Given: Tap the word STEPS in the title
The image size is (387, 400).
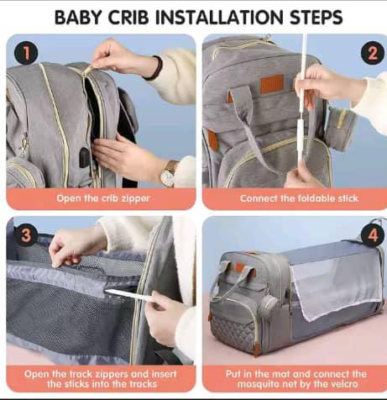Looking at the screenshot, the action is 316,17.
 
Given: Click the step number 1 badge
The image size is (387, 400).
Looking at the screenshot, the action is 26,53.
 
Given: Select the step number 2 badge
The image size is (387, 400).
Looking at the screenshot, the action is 373,53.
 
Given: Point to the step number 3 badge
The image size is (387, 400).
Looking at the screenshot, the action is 26,234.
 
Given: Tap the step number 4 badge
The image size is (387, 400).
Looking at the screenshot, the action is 373,235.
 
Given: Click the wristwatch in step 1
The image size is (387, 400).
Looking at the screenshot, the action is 169,174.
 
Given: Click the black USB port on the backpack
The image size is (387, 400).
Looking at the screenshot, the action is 85,157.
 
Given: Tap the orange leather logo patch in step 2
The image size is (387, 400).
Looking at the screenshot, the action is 271,84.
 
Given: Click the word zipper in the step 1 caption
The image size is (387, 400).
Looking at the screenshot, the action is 135,198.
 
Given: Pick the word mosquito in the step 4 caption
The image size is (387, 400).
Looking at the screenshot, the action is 257,384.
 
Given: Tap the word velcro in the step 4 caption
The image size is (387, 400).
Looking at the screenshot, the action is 343,384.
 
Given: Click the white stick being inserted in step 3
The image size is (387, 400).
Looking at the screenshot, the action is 129,296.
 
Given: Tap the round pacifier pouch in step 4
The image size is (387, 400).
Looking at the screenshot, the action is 268,304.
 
